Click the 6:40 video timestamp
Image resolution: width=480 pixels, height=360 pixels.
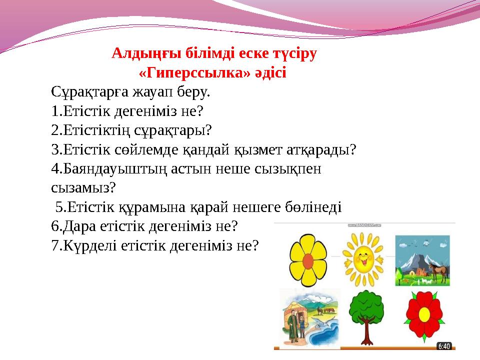pyautogui.click(x=444, y=345)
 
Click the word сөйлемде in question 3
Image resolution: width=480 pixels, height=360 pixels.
pyautogui.click(x=132, y=149)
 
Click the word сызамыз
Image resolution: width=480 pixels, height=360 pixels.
pyautogui.click(x=83, y=188)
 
